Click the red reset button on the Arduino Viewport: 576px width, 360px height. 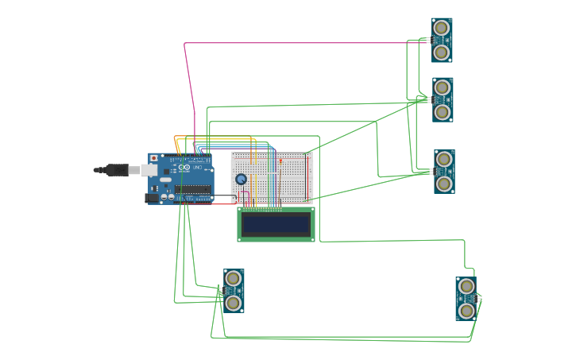coord(153,157)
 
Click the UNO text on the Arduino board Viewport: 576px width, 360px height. coord(197,167)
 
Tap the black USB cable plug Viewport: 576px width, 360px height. coord(116,169)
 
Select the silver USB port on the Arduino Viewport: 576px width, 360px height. coord(149,169)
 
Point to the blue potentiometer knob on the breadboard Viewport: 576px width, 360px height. coord(241,179)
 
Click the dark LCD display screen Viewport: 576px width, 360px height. coord(276,224)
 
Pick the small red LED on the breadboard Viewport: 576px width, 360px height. coord(280,161)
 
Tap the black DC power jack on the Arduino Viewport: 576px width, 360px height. coord(152,198)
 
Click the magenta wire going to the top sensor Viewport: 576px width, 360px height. coord(302,43)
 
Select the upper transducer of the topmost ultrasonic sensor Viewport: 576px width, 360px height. coord(442,29)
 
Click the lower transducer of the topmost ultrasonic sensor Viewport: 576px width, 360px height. coord(442,52)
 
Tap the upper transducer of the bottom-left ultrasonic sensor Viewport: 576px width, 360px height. coord(233,278)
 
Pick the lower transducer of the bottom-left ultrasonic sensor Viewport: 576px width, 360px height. coord(233,303)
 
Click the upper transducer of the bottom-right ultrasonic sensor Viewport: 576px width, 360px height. coord(466,286)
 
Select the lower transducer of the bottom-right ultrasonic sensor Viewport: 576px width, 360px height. coord(466,310)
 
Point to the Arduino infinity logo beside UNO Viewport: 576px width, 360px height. coord(184,168)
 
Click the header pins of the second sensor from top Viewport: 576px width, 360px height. coord(429,99)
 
